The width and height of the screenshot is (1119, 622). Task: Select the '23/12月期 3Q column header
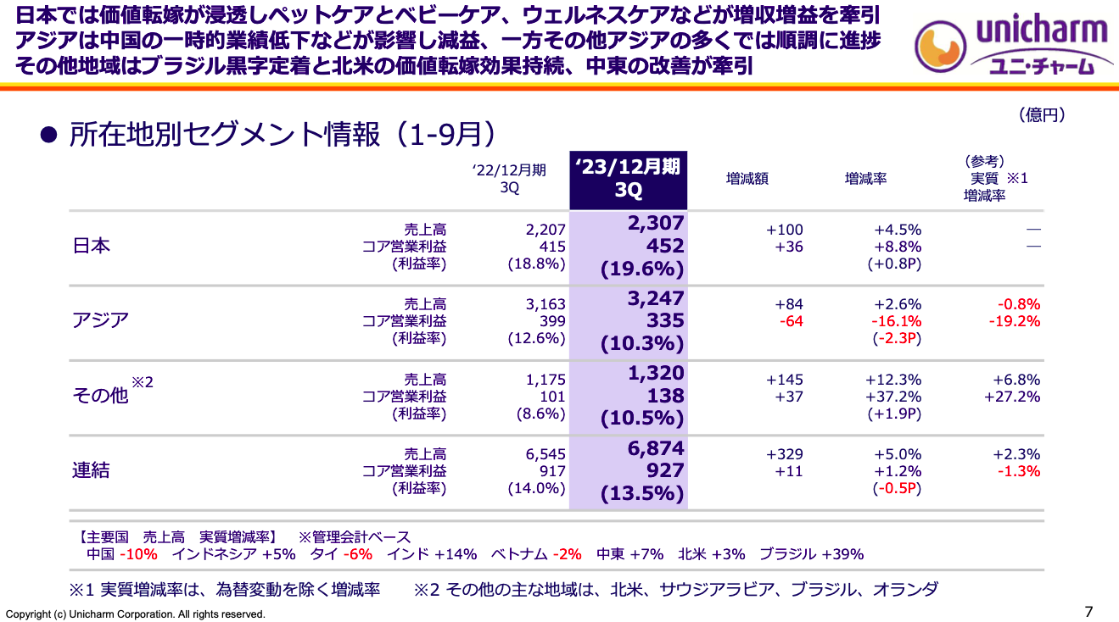(x=628, y=179)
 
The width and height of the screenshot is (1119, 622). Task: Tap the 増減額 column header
(x=747, y=179)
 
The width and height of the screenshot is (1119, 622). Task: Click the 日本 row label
(x=91, y=247)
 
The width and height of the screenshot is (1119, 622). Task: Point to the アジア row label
(x=100, y=321)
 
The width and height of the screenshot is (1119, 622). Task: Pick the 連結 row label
(x=91, y=470)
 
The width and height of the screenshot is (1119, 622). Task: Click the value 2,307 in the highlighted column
(x=656, y=224)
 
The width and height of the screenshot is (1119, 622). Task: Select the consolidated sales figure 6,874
(x=656, y=449)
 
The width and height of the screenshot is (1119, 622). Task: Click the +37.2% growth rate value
(x=893, y=396)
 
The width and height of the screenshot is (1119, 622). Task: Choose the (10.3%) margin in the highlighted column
(x=642, y=344)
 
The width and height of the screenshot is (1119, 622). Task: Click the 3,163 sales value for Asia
(x=546, y=304)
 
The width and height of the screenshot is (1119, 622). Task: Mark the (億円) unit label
(x=1041, y=115)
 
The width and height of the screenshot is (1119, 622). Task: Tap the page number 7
(x=1089, y=612)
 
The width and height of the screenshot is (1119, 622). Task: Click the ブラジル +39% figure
(x=811, y=554)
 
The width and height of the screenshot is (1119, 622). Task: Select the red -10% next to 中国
(x=138, y=554)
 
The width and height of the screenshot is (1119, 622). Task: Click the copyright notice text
(x=136, y=614)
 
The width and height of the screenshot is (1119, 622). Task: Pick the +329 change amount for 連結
(x=785, y=454)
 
